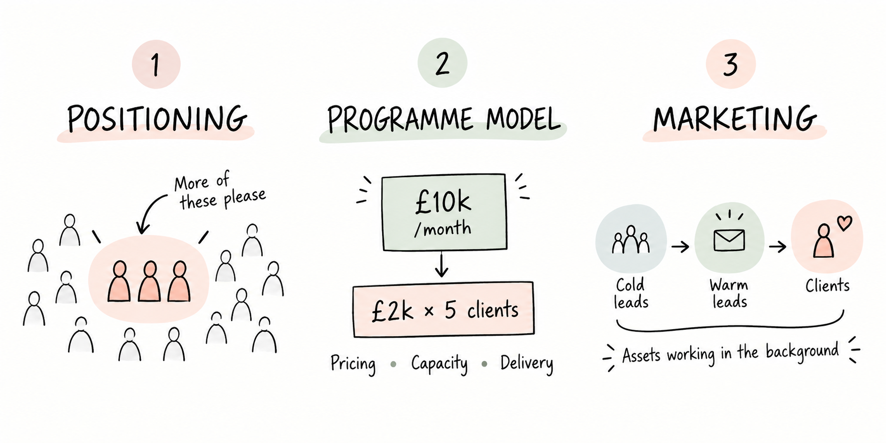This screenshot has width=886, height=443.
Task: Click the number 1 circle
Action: coord(156,64)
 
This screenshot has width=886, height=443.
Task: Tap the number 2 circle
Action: coord(442,63)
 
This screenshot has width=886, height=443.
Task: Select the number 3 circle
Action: coord(730,64)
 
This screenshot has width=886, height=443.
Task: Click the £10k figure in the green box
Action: coord(443,202)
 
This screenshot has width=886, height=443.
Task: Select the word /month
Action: coord(443,229)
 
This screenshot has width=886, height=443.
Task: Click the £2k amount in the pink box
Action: coord(393,311)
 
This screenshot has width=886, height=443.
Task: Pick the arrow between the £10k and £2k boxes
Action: coord(441,265)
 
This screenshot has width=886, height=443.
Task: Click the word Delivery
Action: coord(527,364)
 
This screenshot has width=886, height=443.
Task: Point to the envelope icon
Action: coord(729,240)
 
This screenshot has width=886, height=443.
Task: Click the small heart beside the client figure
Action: coord(844,223)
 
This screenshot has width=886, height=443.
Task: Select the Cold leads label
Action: coord(631,294)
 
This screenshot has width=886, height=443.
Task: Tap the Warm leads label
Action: coord(729,294)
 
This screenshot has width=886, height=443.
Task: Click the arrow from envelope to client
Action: coord(778,246)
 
